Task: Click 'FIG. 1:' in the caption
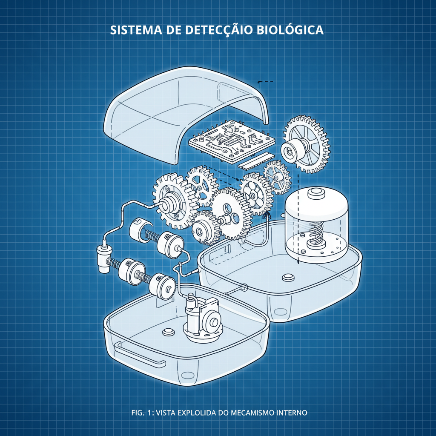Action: point(143,413)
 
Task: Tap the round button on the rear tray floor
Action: point(288,277)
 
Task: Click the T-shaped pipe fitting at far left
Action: point(103,258)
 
